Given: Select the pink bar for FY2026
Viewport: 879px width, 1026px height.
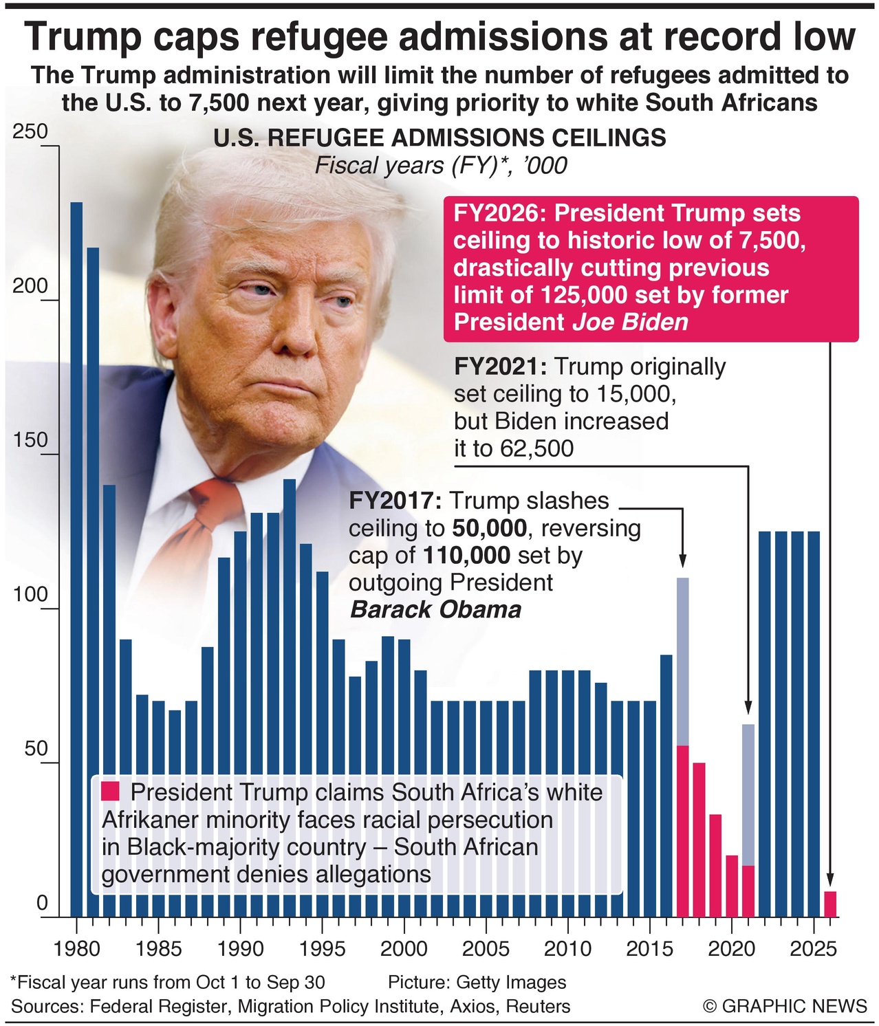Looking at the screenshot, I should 830,904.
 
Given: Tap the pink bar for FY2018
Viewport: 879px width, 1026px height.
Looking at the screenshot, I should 699,840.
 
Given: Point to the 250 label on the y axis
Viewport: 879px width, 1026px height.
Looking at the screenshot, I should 30,131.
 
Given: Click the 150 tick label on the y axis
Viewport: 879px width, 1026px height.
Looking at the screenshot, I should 30,440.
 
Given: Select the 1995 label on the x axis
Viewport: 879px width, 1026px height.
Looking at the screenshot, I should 322,949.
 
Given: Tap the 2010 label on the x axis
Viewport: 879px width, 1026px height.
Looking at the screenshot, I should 567,949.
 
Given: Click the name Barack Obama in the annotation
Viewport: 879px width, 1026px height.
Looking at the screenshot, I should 435,610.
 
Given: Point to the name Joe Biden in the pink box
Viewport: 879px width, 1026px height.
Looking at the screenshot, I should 630,322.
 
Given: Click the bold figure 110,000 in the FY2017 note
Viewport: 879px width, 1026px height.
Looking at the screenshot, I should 466,556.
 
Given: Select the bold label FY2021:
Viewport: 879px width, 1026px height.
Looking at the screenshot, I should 500,367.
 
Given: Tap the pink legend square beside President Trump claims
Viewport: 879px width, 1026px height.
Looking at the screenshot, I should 111,792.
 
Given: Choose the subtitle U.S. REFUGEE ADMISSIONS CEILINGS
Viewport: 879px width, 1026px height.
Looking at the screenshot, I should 440,138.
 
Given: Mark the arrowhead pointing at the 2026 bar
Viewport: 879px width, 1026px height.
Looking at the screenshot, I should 830,880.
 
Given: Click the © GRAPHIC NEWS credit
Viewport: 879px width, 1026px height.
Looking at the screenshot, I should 785,1006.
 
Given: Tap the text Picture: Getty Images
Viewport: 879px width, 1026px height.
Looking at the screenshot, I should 477,982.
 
